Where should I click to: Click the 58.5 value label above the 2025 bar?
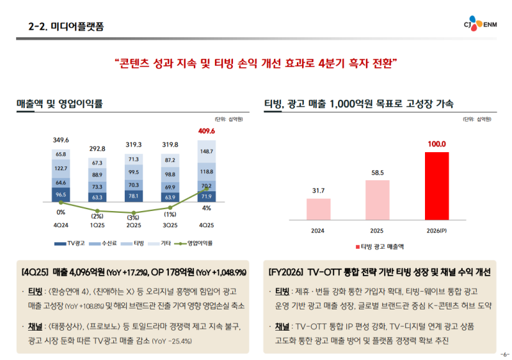377,173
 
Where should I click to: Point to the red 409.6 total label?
207,131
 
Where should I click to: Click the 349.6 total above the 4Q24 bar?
61,140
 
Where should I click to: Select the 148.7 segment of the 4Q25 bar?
207,152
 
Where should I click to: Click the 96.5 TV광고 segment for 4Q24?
61,194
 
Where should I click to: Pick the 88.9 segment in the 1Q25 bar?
97,175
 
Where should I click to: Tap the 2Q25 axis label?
134,225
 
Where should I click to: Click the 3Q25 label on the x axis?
170,225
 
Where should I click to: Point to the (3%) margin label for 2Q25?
133,217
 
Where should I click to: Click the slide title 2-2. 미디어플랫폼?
67,26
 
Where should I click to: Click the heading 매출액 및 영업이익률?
59,103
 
